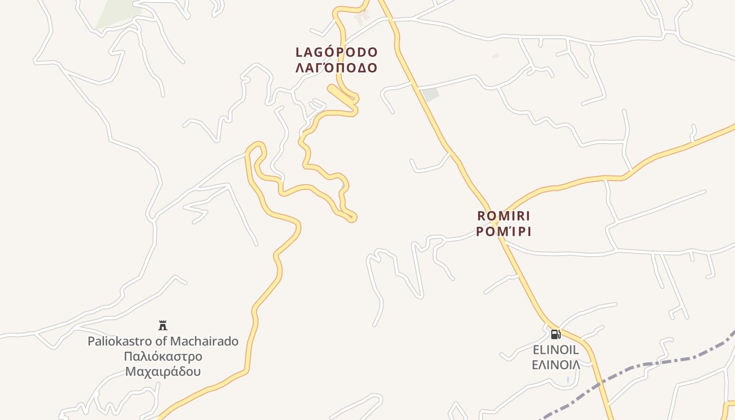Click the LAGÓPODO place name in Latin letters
(337, 52)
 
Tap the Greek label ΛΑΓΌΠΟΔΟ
(337, 68)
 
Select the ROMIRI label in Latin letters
(503, 216)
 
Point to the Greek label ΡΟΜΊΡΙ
(503, 232)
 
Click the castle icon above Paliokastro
(163, 325)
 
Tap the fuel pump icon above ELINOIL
(555, 334)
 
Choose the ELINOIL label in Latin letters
(555, 350)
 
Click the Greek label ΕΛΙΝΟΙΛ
(555, 364)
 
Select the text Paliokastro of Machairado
(163, 341)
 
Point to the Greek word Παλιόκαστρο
(163, 356)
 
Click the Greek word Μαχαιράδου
(163, 372)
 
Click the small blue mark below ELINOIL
(568, 379)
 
